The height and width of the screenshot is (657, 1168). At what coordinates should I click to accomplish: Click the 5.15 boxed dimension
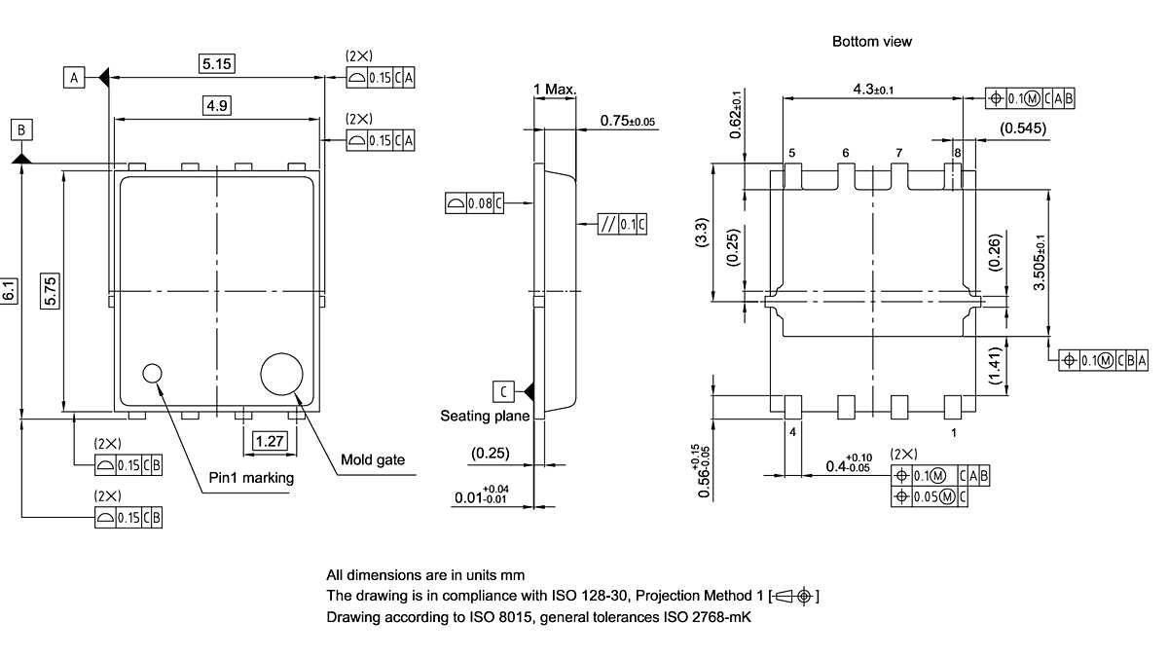218,64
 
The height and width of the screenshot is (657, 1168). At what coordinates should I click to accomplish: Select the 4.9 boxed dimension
217,106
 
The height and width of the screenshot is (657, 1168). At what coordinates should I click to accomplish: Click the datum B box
21,128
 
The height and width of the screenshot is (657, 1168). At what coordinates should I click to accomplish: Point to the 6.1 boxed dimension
10,290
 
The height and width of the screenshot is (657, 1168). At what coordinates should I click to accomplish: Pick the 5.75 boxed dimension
51,290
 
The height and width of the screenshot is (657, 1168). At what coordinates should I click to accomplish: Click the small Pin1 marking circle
153,374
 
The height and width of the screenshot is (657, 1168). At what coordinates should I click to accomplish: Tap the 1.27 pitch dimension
269,441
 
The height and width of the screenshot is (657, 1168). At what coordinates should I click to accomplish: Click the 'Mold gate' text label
373,460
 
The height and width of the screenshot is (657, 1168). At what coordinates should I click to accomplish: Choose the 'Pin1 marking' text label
251,478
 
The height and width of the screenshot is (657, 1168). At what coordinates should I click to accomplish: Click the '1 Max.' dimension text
555,90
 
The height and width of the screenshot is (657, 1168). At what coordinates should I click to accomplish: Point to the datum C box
503,391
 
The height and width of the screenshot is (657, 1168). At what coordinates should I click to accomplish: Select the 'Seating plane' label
485,416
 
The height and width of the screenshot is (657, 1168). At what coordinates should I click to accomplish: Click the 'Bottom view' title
872,41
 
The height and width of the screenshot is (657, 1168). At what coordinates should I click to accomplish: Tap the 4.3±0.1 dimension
873,90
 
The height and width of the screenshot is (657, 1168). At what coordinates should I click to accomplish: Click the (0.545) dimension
1024,128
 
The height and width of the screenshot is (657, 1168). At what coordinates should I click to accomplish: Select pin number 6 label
845,153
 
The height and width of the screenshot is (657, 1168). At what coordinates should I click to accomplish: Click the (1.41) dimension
994,368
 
